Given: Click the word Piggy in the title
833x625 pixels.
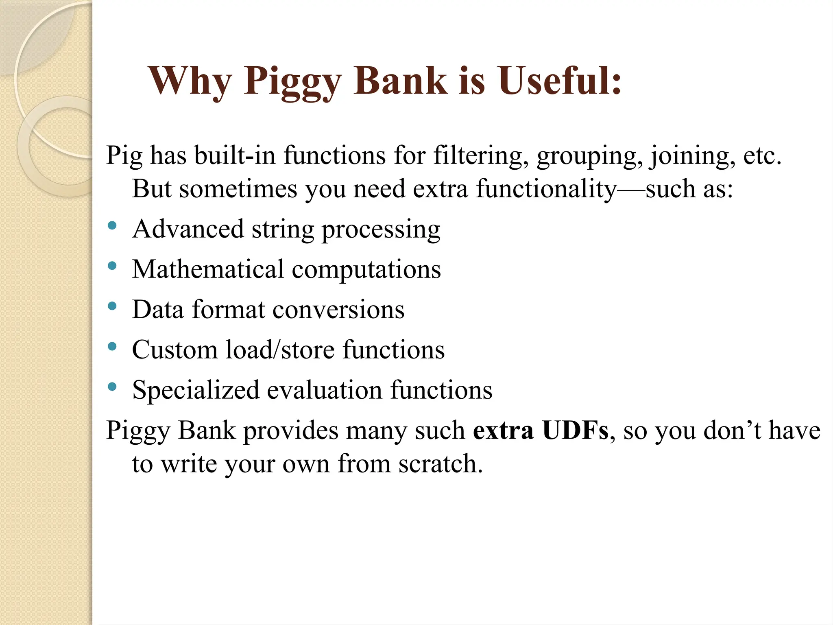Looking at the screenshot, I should coord(292,81).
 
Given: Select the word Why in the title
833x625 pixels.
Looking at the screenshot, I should coord(190,81).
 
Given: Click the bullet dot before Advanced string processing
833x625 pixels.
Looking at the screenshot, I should coord(112,225).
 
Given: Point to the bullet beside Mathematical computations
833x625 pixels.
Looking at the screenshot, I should coord(112,266).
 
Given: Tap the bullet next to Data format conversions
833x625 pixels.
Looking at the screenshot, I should coord(112,306).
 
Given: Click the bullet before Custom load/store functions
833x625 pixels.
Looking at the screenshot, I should coord(112,346).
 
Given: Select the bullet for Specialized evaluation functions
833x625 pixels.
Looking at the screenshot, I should coord(112,387).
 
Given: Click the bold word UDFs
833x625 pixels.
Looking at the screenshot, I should coord(575,431).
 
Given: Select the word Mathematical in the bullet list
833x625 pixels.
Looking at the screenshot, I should coord(208,269).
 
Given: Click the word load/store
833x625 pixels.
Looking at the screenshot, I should coord(280,350).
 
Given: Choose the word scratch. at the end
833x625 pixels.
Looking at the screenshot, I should coord(440,464).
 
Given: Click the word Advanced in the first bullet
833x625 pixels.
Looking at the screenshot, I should coord(188,229).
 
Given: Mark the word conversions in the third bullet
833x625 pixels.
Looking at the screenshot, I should coord(338,310).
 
